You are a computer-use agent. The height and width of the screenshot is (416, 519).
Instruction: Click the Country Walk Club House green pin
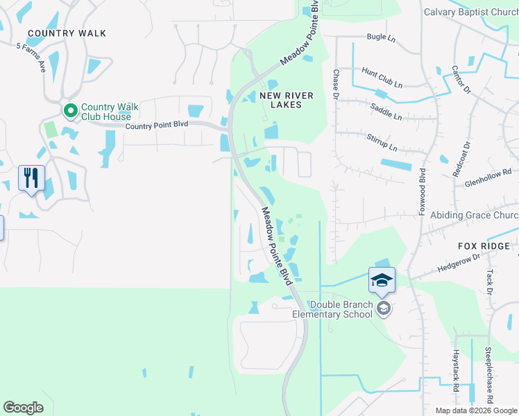(x=70, y=110)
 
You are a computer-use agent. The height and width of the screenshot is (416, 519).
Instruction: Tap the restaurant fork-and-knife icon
(x=31, y=178)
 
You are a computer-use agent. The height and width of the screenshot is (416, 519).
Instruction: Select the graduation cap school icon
(x=382, y=280)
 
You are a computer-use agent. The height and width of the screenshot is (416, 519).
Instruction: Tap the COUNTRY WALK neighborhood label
(x=67, y=33)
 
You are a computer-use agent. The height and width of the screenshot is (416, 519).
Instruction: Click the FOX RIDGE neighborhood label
(x=484, y=246)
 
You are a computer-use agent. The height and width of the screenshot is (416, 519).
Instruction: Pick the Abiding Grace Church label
(x=475, y=215)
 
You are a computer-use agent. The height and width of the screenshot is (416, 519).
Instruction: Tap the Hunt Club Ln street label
(x=382, y=77)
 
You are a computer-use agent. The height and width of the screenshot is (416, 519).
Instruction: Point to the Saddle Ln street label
(x=386, y=112)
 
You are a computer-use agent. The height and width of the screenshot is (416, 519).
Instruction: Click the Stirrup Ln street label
(x=382, y=144)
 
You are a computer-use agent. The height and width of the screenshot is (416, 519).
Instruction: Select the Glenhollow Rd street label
(x=488, y=177)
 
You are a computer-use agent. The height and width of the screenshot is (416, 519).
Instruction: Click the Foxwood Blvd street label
(x=422, y=191)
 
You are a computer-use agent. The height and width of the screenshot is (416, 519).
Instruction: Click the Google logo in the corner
(x=24, y=408)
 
